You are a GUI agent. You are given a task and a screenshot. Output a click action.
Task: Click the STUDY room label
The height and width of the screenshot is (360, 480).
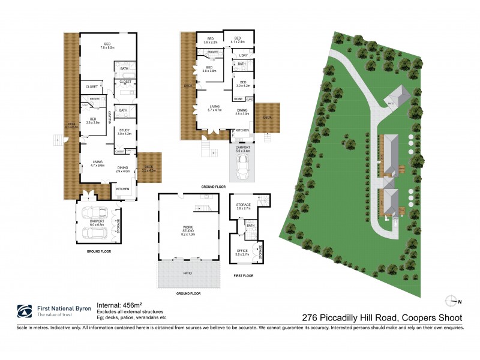coord(124,131)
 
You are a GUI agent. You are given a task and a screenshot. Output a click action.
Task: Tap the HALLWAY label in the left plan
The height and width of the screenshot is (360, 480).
coord(110,116)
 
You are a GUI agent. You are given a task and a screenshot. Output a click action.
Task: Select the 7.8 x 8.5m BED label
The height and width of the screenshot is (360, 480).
coord(107,46)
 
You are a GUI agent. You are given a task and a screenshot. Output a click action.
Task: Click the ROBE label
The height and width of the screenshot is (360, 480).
coord(238,98)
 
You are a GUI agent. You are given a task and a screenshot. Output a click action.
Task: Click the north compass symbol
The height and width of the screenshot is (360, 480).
coord(452,301)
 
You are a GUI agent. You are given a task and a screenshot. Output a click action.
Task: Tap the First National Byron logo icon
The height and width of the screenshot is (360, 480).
coord(24,311)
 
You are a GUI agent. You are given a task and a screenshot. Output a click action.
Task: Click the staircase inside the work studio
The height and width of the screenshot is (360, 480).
coord(203,208)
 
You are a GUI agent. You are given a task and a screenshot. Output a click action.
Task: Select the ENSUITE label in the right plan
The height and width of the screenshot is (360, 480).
coord(212,53)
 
